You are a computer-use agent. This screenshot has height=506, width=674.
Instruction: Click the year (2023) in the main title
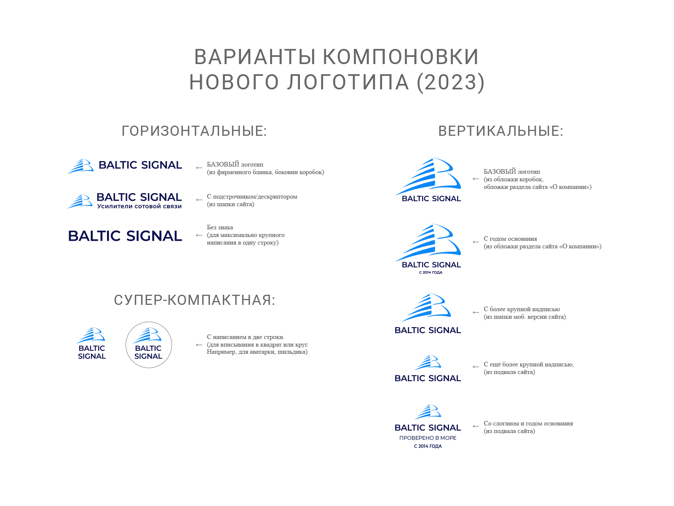coord(450,82)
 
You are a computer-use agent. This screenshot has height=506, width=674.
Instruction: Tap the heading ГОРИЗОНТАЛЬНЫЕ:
coord(194,131)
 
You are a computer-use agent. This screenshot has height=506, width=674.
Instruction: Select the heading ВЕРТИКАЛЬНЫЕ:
coord(501,131)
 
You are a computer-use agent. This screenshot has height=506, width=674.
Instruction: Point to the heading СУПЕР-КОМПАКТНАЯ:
coord(195,300)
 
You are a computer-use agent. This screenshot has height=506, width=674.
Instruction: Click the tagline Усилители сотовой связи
coord(139,206)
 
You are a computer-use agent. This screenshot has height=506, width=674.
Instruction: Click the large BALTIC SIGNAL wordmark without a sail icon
coord(125,236)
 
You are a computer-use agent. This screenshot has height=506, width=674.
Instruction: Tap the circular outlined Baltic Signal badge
coord(149,345)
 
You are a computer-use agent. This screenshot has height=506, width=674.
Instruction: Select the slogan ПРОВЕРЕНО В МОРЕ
coord(428,438)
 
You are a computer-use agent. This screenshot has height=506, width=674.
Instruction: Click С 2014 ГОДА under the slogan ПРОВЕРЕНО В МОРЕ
coord(428,446)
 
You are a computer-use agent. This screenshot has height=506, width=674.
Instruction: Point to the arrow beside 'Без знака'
coord(199,235)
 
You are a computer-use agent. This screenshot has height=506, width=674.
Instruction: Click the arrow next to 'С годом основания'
coord(476,242)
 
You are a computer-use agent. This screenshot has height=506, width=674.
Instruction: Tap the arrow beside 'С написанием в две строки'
coord(199,345)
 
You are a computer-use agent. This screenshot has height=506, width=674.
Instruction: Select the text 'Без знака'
coord(220,227)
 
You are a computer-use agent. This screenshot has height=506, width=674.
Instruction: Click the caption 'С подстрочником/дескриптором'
coord(252,196)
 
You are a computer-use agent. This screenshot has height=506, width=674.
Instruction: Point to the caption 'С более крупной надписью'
coord(522,309)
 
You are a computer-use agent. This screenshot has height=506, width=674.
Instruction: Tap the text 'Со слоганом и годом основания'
coord(528,423)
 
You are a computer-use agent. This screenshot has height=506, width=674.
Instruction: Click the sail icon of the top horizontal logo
coord(80,166)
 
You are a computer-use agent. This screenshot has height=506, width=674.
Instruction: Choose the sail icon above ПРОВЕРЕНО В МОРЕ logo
coord(428,412)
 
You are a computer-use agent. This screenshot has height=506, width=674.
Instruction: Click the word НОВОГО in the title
coord(234,82)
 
